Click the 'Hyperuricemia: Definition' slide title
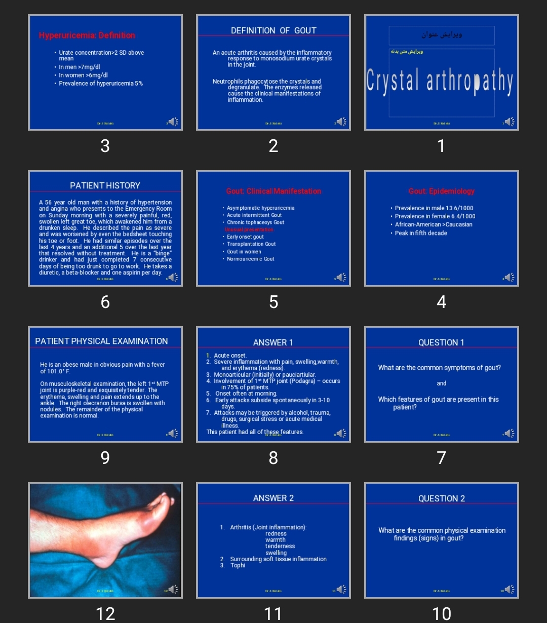(87, 35)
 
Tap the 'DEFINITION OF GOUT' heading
(273, 30)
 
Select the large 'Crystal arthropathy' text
(440, 82)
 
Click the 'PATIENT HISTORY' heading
(105, 185)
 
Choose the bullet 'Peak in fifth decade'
(421, 233)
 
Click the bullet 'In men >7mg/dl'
(80, 67)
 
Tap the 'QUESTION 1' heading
(441, 342)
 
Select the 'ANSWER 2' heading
(273, 498)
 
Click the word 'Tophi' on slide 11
(238, 565)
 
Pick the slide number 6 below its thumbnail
(105, 302)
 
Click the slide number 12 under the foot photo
(105, 613)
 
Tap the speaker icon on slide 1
(509, 122)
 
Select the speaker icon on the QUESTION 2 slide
(509, 589)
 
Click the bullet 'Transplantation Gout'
(251, 244)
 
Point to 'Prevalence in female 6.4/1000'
(435, 216)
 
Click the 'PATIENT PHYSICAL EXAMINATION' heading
(101, 341)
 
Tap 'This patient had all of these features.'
(255, 432)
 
